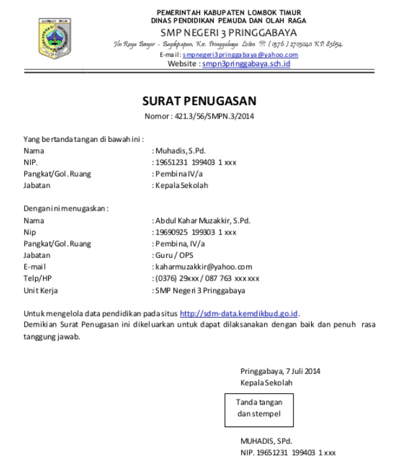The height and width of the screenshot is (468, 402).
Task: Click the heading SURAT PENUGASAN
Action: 200,100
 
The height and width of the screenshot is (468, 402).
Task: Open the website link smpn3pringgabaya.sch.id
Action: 246,64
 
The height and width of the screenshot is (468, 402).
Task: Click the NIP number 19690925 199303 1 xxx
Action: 195,232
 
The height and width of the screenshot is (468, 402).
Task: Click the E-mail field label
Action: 34,267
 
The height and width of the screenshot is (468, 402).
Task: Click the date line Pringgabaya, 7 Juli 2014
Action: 280,371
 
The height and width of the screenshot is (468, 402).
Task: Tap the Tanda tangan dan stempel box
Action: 258,408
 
